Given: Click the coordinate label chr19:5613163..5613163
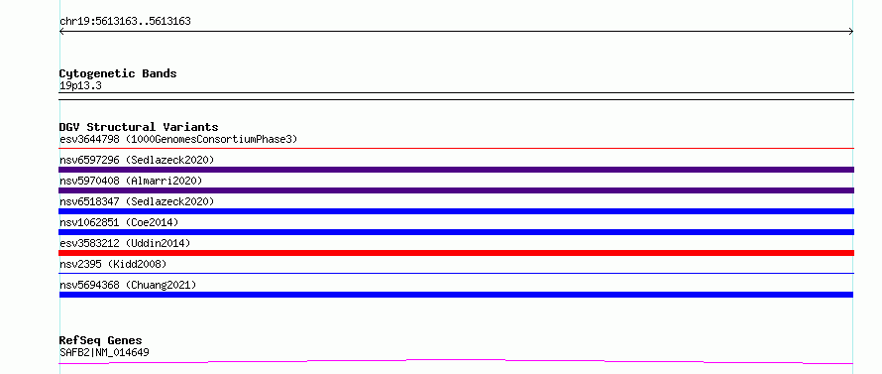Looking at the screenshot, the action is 125,22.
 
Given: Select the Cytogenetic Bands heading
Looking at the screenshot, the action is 118,73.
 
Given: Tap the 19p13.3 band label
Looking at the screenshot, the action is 80,86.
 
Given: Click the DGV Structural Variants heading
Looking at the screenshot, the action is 139,127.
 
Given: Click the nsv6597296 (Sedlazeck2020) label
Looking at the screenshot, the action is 137,160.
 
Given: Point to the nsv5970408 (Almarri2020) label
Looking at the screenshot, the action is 131,181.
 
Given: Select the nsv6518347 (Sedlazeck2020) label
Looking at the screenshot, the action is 137,201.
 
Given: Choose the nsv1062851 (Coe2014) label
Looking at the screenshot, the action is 119,222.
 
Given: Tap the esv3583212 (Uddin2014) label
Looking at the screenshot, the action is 125,243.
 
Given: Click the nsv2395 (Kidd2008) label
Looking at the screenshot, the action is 113,264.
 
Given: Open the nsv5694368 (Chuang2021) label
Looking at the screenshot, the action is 128,285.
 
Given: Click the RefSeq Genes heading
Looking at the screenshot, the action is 101,341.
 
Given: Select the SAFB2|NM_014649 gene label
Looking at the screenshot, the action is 104,353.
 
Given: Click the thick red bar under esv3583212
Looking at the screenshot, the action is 456,253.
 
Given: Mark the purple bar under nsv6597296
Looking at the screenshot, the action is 456,170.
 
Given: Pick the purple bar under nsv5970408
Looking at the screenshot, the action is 456,190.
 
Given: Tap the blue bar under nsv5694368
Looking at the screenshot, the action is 456,295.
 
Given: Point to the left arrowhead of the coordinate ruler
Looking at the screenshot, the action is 60,32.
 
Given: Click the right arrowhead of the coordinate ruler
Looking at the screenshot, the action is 852,32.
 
